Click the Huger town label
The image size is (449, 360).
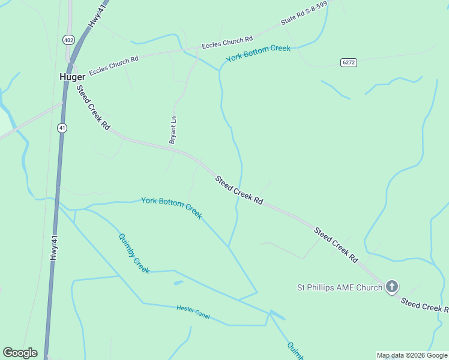tap(71, 77)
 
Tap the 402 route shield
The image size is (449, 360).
tap(68, 40)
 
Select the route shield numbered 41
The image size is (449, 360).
tap(62, 127)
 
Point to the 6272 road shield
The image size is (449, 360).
tap(348, 62)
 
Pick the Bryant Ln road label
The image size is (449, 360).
tap(173, 130)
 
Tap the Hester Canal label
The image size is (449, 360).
tap(193, 311)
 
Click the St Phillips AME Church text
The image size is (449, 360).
tap(340, 287)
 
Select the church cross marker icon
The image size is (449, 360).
tap(391, 287)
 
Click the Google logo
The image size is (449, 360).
tap(20, 353)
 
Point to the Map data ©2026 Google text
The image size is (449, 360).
tap(412, 355)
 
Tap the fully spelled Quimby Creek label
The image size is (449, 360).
tap(134, 253)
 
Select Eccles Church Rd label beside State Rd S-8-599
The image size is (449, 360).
tap(227, 43)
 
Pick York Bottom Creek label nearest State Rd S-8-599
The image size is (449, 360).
tap(258, 53)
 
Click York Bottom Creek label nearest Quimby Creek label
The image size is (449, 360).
tap(172, 208)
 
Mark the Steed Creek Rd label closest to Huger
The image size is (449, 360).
tap(93, 108)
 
